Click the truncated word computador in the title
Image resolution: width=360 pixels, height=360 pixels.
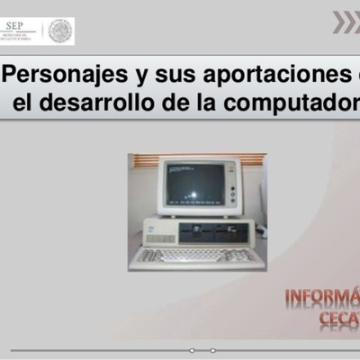[x=292, y=102]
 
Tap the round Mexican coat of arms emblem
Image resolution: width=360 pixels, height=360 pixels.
[x=60, y=31]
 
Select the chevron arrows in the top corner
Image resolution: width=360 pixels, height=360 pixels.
[x=346, y=22]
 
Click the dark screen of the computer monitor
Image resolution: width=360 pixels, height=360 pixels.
[x=193, y=184]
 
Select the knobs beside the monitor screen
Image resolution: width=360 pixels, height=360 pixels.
[x=232, y=188]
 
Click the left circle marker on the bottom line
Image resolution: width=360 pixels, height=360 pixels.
[x=192, y=350]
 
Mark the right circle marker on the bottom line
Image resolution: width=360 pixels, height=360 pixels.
[x=213, y=350]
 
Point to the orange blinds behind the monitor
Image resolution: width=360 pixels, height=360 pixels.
[x=144, y=161]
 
